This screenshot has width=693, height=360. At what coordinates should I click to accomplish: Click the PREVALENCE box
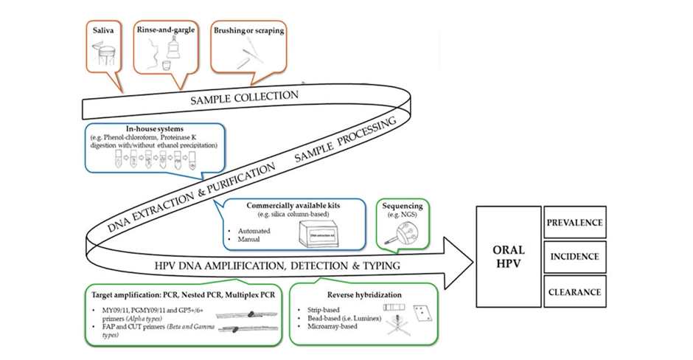[x=574, y=222]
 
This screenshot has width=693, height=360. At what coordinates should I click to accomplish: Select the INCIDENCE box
[x=574, y=257]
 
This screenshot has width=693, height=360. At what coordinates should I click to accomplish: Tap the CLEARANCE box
[x=574, y=292]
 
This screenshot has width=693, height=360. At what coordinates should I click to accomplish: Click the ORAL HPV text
[x=509, y=257]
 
